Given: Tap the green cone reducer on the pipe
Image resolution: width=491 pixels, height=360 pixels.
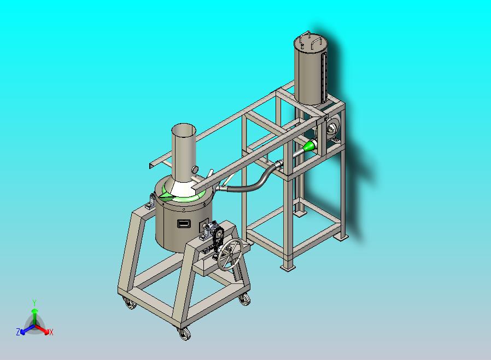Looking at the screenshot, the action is (x=309, y=146).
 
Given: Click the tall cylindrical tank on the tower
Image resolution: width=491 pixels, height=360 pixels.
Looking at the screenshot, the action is (x=311, y=69).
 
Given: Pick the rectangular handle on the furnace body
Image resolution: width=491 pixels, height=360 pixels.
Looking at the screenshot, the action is (x=184, y=223).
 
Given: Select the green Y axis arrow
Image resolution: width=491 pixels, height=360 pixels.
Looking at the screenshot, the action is (x=34, y=316).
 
